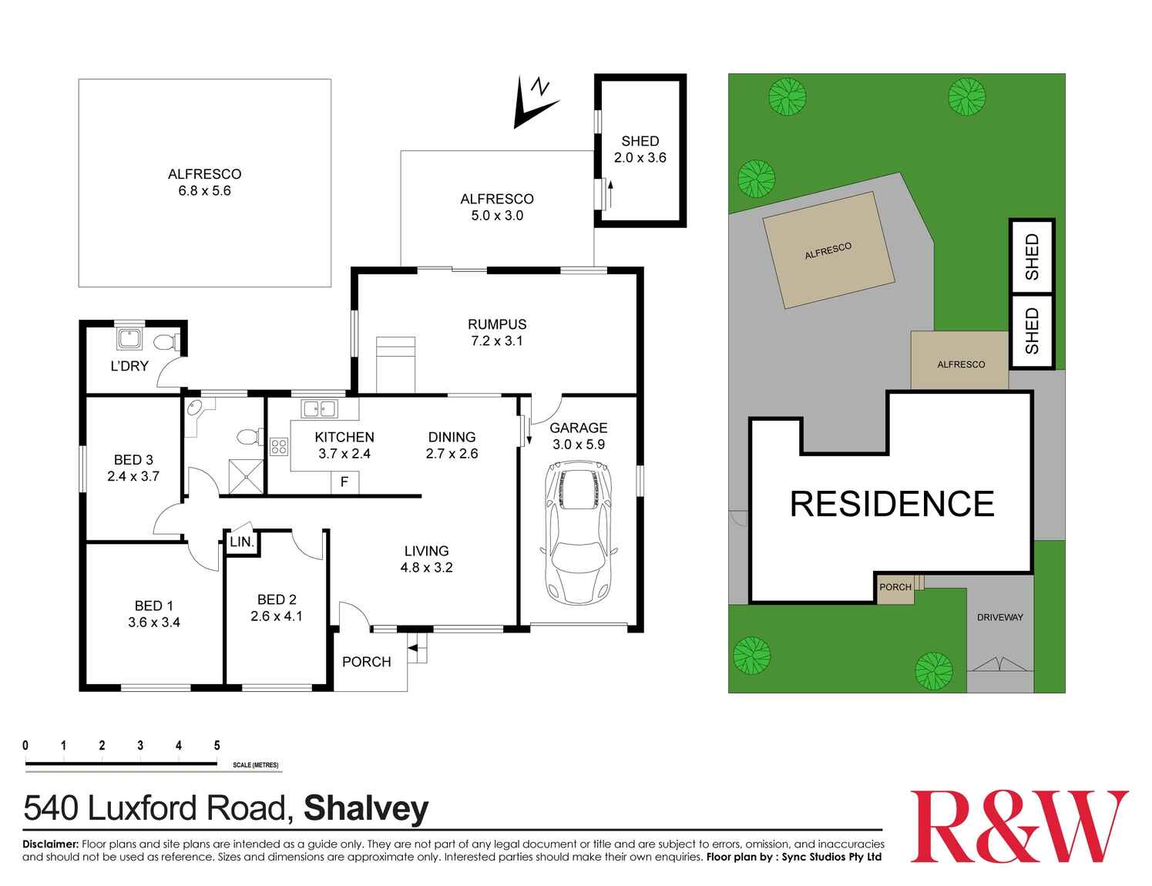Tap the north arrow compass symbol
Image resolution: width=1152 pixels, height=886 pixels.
532,103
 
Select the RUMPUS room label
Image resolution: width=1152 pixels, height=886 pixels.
497,324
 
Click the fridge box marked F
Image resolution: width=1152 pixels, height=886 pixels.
344,483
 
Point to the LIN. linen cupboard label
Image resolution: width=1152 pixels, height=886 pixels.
241,542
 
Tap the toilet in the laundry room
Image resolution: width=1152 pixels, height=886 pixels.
166,342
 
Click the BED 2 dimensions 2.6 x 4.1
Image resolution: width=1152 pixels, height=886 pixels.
277,616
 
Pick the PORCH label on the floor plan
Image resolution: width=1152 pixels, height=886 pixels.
366,662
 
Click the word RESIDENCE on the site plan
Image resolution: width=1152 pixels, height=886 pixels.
892,504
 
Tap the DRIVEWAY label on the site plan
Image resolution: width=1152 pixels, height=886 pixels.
999,618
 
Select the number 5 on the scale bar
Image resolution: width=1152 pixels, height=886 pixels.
217,745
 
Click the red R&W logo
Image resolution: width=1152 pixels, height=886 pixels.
1019,827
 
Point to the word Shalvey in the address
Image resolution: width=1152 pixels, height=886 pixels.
366,809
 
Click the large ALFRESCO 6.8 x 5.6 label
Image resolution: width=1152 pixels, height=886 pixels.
204,183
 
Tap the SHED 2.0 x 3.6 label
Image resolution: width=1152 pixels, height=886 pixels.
640,149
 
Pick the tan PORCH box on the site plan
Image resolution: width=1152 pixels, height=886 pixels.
895,587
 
